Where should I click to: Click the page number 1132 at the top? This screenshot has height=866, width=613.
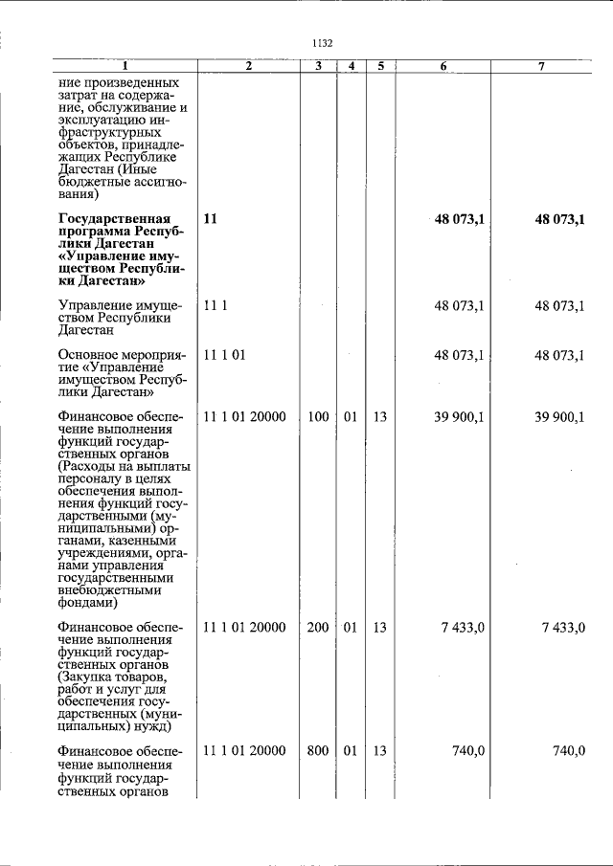point(322,43)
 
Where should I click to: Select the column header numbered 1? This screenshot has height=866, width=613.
point(124,66)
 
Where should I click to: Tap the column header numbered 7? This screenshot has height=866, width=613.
point(542,66)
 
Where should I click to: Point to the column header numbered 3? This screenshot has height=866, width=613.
point(318,66)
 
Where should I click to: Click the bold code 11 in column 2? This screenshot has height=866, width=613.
point(210,219)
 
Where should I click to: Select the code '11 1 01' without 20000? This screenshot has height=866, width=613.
point(225,355)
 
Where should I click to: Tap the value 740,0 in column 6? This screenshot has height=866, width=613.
point(468,751)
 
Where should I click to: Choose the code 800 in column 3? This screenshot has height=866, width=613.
point(318,751)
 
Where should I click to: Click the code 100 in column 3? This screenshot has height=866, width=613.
point(318,416)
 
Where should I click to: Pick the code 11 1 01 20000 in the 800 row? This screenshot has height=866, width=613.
point(244,751)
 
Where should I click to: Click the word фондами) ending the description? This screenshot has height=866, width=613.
point(88,603)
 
